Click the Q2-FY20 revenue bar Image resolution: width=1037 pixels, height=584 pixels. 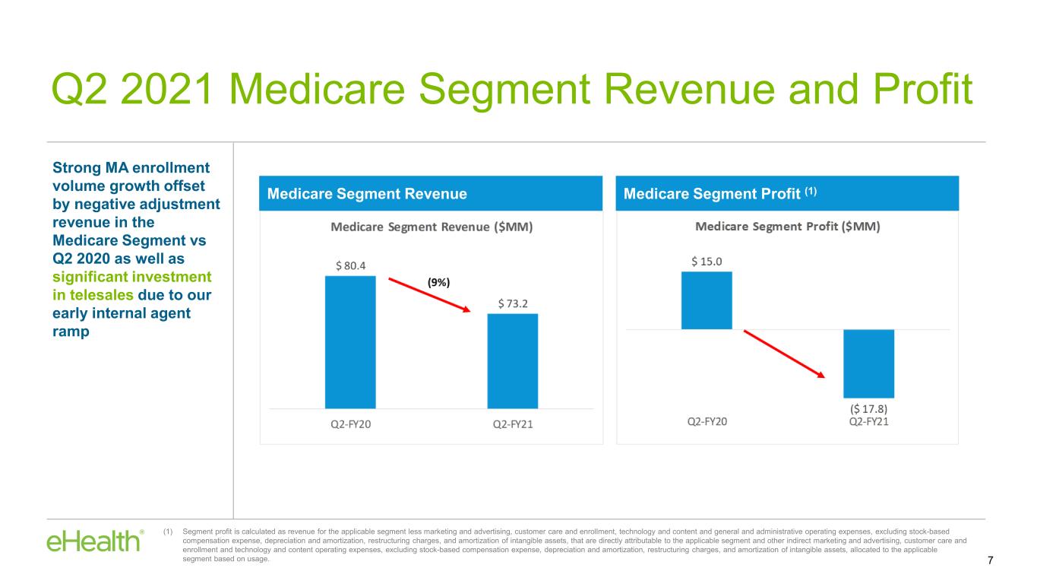(x=350, y=342)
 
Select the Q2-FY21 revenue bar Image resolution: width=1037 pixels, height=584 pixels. (x=513, y=361)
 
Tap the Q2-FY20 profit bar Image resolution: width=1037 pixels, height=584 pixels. (x=707, y=300)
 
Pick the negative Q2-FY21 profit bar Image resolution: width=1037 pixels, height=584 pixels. (x=868, y=363)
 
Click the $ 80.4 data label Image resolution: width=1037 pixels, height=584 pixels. (x=350, y=265)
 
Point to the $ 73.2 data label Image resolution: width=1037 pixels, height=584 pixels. (x=513, y=303)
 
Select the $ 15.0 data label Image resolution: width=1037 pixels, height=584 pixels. (x=707, y=262)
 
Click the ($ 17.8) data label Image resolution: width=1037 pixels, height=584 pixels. (x=868, y=409)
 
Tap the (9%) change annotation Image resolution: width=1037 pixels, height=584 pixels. (x=438, y=282)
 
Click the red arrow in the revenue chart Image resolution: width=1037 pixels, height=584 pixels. (x=430, y=295)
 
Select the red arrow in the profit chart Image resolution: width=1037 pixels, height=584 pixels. (x=784, y=354)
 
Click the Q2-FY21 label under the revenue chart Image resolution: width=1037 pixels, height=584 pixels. (x=513, y=424)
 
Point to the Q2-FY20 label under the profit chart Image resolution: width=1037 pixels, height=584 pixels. (x=707, y=421)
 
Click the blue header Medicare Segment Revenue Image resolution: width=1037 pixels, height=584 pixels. (x=367, y=194)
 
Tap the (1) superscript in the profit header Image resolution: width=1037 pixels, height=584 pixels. (x=811, y=191)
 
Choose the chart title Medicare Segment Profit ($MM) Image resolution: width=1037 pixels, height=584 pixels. (x=788, y=226)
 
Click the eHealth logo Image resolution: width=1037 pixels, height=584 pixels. (x=95, y=541)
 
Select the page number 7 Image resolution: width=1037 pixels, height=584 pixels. (x=990, y=560)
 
